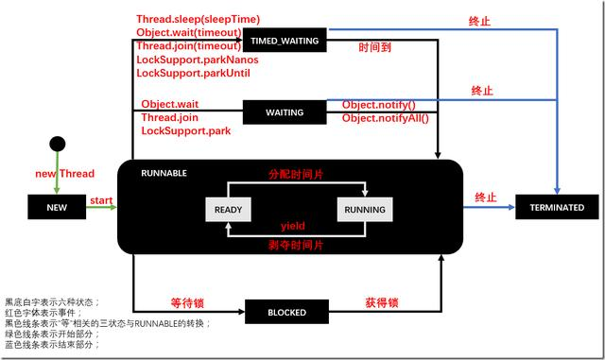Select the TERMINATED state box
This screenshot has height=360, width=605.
pos(550,207)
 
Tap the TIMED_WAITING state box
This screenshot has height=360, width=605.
pos(284,41)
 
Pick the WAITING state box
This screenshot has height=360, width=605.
pos(284,112)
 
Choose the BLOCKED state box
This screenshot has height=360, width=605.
pos(284,312)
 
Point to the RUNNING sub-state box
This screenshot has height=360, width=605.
pos(364,208)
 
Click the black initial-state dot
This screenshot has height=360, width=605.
pos(58,144)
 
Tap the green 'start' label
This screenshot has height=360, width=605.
pos(101,200)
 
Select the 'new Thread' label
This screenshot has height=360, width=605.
pos(58,175)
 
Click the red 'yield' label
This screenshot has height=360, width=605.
pos(292,227)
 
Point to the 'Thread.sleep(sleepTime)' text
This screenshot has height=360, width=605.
pos(198,18)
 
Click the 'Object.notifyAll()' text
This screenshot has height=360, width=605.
pos(385,118)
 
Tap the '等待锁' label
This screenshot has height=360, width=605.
pos(188,303)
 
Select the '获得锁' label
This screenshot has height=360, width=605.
pos(382,303)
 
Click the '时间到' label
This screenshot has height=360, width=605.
pos(376,46)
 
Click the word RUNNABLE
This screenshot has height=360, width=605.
pos(164,173)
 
